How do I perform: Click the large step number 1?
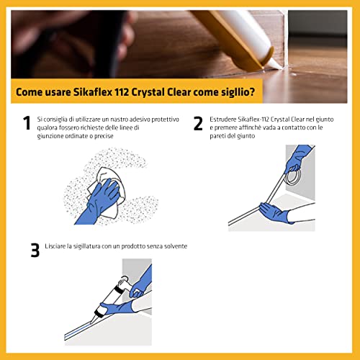[27, 123]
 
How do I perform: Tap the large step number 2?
[198, 123]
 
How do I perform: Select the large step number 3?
[34, 250]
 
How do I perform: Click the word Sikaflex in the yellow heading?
[111, 91]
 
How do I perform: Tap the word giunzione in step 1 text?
[60, 135]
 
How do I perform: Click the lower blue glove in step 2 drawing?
[274, 212]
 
